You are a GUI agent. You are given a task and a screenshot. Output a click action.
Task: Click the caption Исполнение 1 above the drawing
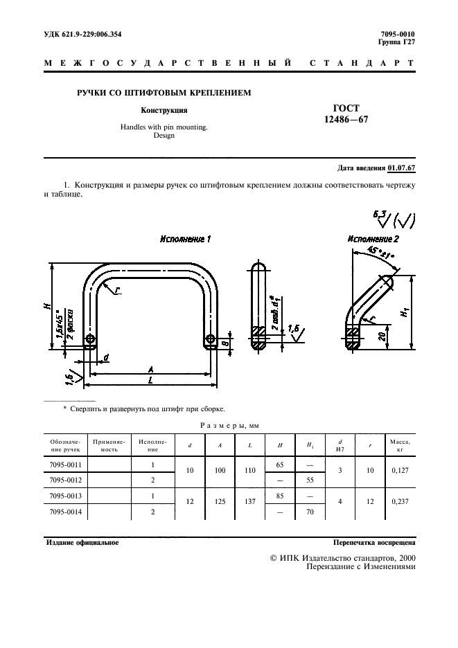(185, 239)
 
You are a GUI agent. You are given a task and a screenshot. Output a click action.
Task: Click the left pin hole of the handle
(91, 340)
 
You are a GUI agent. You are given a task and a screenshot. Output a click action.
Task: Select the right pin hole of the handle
(212, 340)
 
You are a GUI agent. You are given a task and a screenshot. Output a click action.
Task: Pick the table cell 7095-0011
(67, 465)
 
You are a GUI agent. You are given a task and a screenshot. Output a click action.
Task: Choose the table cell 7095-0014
(67, 513)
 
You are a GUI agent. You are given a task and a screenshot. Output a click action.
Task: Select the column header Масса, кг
(400, 445)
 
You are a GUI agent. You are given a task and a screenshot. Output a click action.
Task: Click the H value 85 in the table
(280, 496)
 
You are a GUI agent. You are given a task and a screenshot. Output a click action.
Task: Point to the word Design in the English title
(164, 136)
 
